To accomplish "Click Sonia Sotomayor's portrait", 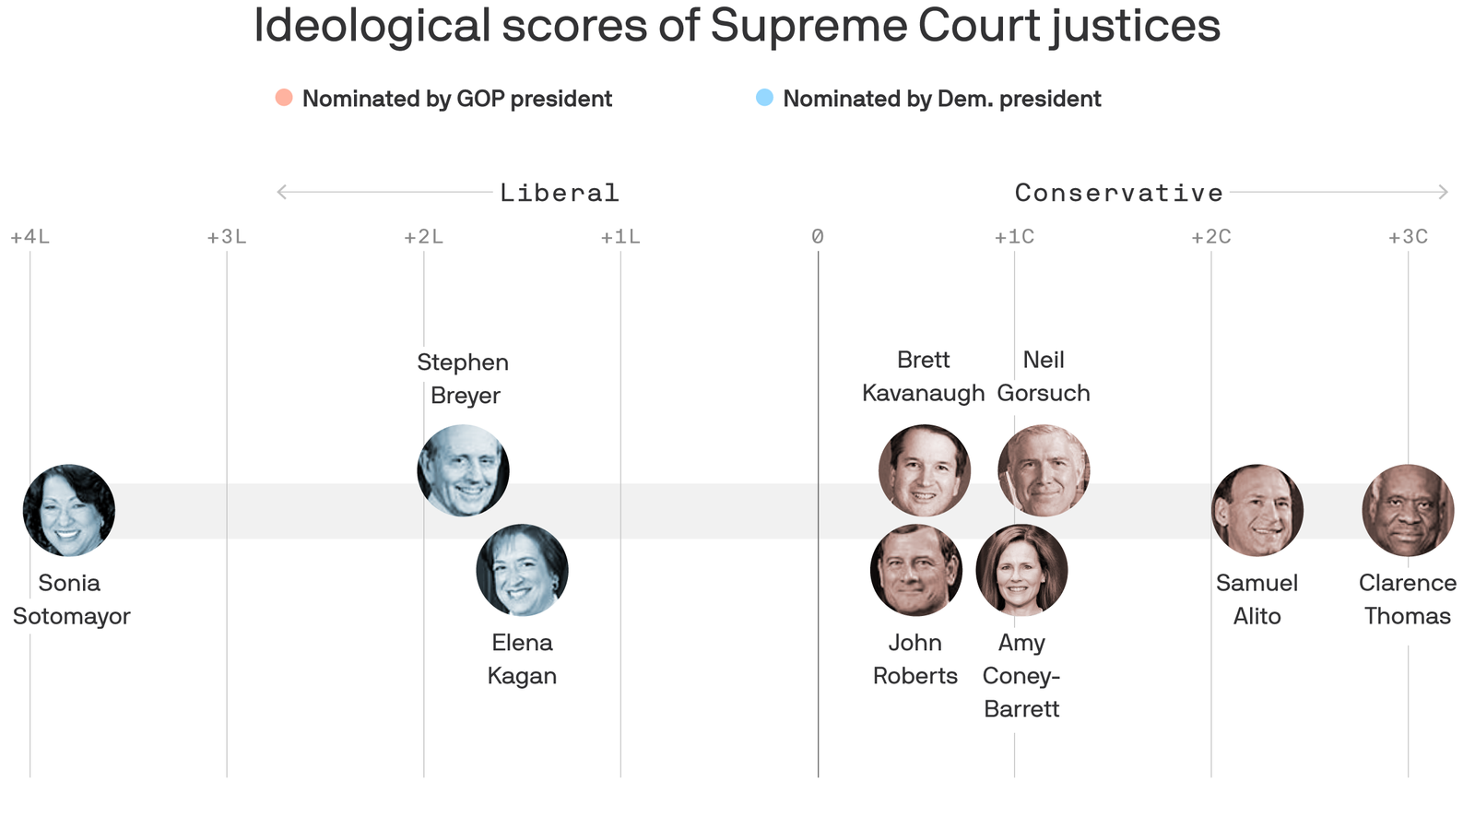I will [x=69, y=510].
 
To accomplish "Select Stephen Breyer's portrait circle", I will [x=463, y=470].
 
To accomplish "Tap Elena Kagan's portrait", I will [x=522, y=570].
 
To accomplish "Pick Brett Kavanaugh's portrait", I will [x=924, y=470].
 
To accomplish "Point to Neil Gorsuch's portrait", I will [x=1044, y=470].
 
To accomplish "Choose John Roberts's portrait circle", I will [x=915, y=570].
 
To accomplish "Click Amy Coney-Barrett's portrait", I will [x=1021, y=570].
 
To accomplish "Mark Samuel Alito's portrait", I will [x=1257, y=510].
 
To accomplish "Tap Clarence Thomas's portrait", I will [x=1408, y=510].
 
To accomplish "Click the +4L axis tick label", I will [x=30, y=237].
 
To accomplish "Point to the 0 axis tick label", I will [x=818, y=237].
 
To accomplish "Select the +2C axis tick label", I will [x=1211, y=237].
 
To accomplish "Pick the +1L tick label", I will [x=620, y=237].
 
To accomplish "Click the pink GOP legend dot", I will [x=284, y=98].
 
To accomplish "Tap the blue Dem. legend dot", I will [x=764, y=98].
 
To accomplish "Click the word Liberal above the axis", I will [x=560, y=193].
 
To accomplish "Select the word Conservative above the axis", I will [x=1119, y=193].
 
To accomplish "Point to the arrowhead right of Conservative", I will [x=1444, y=192].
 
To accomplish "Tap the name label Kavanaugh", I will [x=924, y=393].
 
